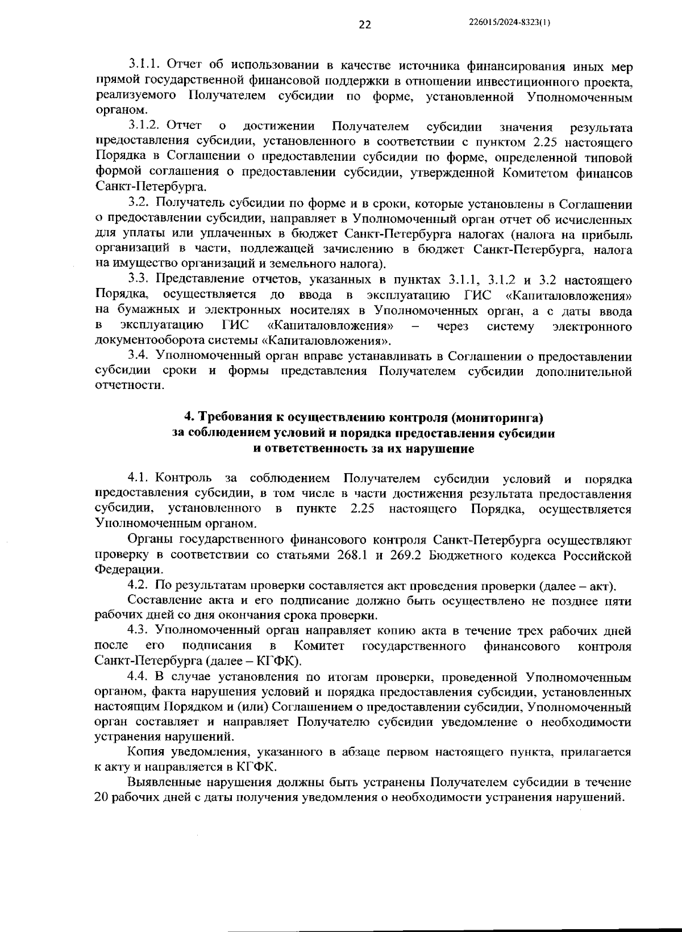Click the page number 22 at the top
pos(365,24)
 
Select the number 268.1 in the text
pos(356,555)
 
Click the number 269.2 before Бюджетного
pos(405,555)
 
